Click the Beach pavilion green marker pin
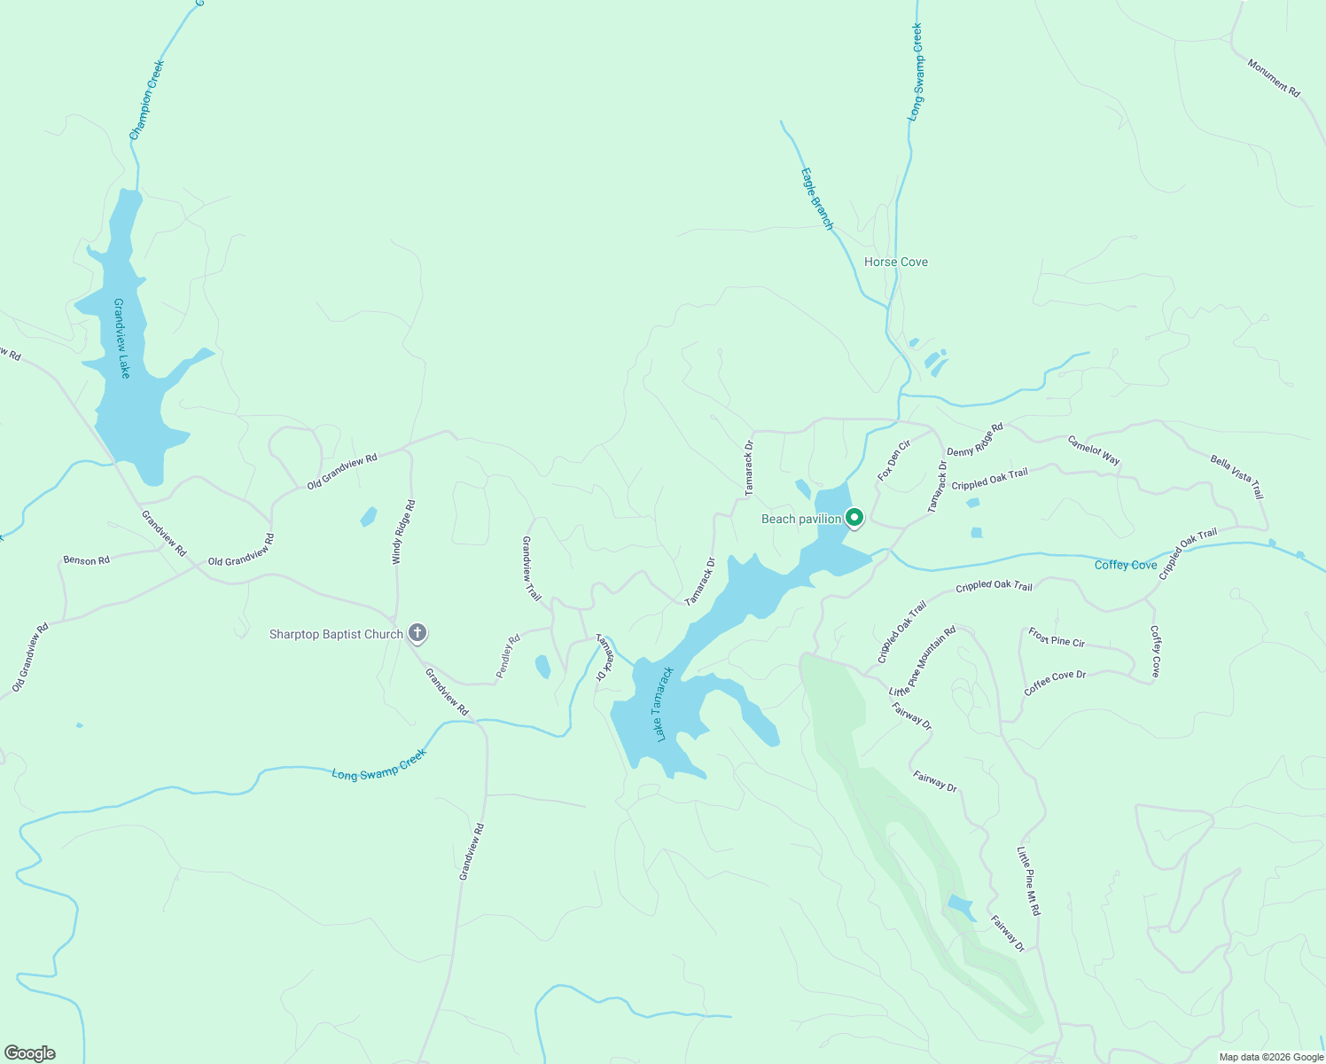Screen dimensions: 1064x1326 854,517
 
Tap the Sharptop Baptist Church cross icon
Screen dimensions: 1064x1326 417,633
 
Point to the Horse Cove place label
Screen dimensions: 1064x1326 896,262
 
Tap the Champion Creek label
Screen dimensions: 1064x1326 147,100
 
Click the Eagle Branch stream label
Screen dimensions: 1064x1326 817,199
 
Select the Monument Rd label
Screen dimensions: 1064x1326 1274,78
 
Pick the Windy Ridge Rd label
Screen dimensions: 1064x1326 404,532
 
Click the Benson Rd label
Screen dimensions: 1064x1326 86,560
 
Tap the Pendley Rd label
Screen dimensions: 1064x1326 508,656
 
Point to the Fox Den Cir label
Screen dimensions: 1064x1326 894,461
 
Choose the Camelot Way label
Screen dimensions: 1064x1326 1094,450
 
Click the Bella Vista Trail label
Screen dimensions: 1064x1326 1236,477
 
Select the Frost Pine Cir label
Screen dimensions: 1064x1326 1057,638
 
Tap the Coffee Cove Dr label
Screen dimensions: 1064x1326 1055,683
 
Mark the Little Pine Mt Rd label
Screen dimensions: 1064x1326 1028,880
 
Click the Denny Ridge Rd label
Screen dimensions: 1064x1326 975,440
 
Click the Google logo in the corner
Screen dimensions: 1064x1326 29,1053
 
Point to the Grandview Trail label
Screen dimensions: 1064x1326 531,568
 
